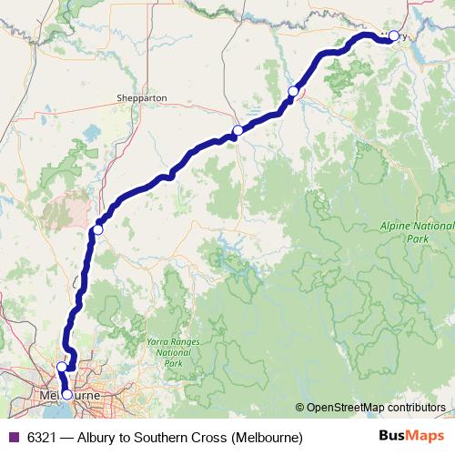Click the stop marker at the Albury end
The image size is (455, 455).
click(393, 36)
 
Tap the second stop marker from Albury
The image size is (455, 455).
click(293, 91)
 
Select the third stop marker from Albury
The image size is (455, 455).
click(238, 131)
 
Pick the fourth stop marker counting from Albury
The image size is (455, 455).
click(98, 229)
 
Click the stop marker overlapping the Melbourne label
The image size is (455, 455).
click(66, 395)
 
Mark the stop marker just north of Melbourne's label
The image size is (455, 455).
click(62, 367)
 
